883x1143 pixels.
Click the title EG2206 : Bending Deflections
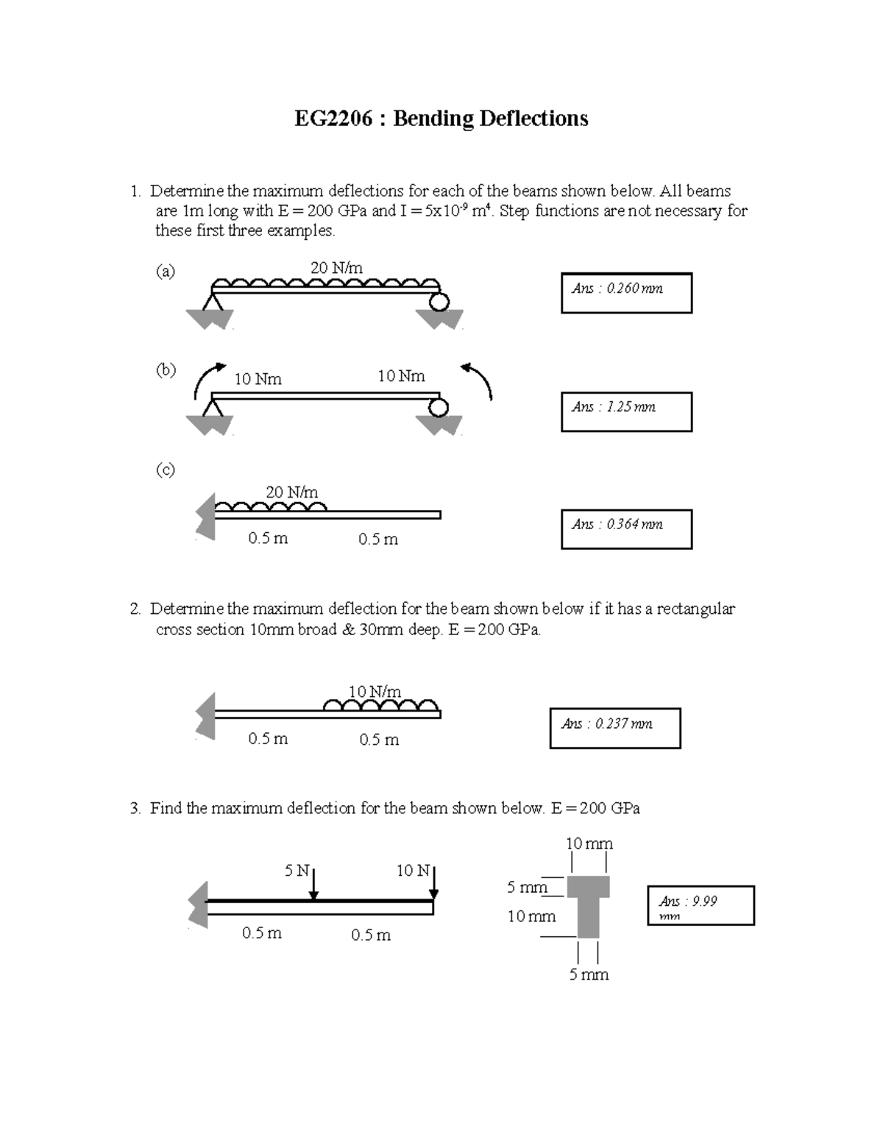441,118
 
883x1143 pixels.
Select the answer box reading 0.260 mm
626,293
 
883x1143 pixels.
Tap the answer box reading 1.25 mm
626,411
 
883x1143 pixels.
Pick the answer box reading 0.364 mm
626,528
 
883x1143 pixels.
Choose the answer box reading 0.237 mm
615,728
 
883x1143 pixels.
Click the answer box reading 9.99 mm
701,905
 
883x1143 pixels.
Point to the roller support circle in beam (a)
439,302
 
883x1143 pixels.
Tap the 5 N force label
297,871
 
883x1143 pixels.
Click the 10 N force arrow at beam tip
434,883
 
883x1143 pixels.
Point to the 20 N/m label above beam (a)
336,268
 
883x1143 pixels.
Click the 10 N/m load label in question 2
375,691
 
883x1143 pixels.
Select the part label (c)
165,470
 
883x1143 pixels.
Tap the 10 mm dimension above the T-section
589,843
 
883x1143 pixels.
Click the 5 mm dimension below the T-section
589,974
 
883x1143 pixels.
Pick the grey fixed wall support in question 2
205,715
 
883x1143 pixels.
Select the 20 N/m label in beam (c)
291,492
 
